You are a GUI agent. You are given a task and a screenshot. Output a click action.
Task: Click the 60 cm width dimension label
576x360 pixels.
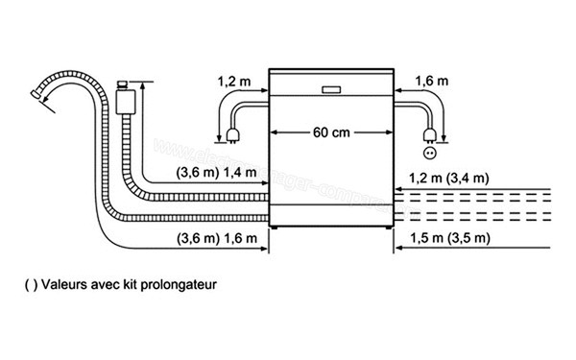tap(330, 132)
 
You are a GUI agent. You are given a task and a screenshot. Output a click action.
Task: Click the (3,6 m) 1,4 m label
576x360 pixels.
tap(217, 173)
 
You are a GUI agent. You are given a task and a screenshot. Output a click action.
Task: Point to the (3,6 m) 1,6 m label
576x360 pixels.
tap(217, 237)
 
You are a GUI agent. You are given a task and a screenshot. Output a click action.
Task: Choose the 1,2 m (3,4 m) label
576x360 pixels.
tap(449, 178)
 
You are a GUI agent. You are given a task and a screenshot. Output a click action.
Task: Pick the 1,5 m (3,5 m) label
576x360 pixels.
tap(449, 237)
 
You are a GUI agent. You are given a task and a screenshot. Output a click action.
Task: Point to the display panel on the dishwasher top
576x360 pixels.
tap(331, 90)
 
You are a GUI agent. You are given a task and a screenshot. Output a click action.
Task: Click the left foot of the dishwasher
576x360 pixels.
tap(276, 230)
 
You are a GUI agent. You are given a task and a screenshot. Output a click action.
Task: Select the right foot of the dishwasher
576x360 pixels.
tap(384, 230)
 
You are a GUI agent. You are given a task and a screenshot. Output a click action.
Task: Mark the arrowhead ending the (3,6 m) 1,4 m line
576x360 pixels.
tap(262, 186)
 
